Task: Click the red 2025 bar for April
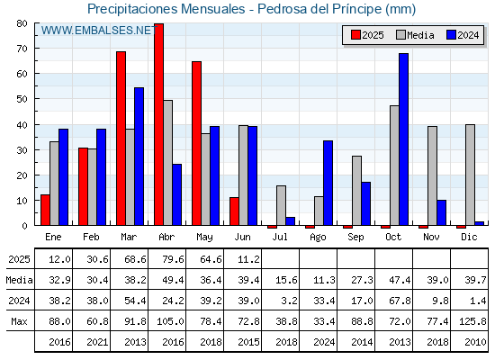click(158, 124)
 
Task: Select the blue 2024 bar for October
click(404, 139)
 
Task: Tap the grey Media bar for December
click(470, 175)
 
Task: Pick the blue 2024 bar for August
click(328, 183)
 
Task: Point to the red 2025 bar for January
click(45, 210)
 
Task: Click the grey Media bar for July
click(281, 205)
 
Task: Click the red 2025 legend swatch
click(355, 35)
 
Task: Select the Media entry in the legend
click(415, 35)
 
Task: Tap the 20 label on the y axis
click(22, 175)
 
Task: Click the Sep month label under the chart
click(355, 238)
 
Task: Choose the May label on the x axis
click(204, 238)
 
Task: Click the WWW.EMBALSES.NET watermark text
click(99, 31)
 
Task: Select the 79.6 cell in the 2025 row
click(173, 259)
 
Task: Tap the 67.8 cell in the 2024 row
click(400, 301)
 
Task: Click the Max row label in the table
click(19, 321)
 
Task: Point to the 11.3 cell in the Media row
click(324, 280)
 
